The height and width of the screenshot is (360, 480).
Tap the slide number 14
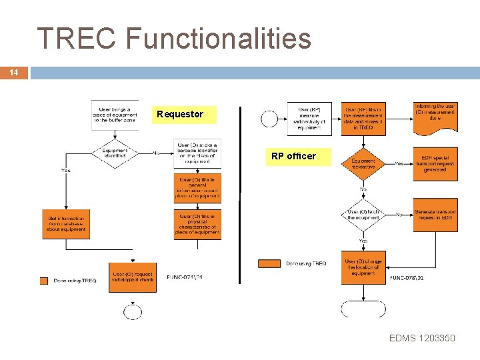tap(13, 73)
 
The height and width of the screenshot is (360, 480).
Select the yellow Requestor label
tap(180, 115)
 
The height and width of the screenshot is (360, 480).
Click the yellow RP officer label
tap(293, 157)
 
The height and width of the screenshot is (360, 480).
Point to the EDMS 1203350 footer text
tap(422, 338)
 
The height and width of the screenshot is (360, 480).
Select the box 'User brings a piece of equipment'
tap(115, 114)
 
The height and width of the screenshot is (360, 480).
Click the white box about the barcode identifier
tap(197, 153)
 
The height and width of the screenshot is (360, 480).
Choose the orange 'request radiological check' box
tap(133, 277)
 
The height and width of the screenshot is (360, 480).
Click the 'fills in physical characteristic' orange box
tap(197, 224)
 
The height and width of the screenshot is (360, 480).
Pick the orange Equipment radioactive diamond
tap(363, 163)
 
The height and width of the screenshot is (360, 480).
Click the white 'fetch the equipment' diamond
tap(363, 215)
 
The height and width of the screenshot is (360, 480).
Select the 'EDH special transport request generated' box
tap(435, 163)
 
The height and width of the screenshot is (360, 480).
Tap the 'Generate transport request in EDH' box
tap(435, 215)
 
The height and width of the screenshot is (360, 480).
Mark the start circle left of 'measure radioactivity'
tap(270, 119)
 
